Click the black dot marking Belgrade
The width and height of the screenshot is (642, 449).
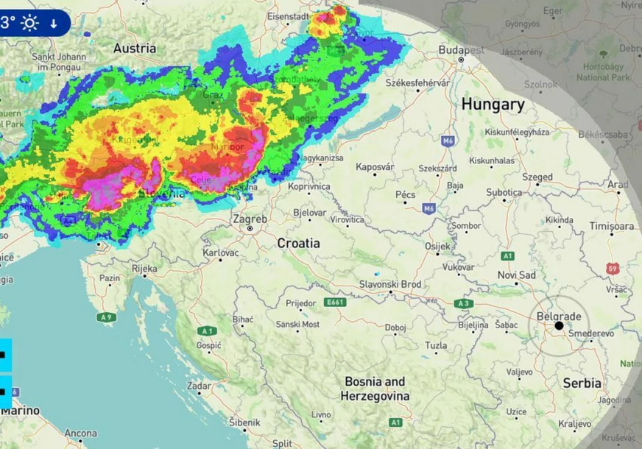(x=559, y=325)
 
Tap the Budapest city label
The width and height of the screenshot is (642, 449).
(x=462, y=50)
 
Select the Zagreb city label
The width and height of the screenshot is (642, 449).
(x=250, y=219)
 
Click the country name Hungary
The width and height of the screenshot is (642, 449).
(x=493, y=105)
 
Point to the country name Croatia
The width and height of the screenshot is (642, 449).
(x=298, y=243)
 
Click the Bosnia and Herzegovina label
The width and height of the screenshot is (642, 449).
(x=374, y=389)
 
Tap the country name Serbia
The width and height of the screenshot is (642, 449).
(x=582, y=383)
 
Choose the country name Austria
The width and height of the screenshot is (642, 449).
(x=134, y=49)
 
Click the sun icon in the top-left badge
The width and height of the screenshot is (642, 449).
(x=29, y=23)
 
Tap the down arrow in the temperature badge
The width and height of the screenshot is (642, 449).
(x=54, y=24)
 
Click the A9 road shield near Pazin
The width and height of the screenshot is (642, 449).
(x=106, y=317)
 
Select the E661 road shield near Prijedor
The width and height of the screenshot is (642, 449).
(x=334, y=303)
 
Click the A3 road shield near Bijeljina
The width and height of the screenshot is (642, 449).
(x=463, y=303)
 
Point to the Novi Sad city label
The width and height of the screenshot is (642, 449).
(x=517, y=275)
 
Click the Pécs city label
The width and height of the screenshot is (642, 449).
(x=406, y=194)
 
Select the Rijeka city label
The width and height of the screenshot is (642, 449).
(x=144, y=269)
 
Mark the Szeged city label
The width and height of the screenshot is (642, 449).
(x=537, y=177)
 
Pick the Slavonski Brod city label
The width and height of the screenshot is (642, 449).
(x=390, y=284)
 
